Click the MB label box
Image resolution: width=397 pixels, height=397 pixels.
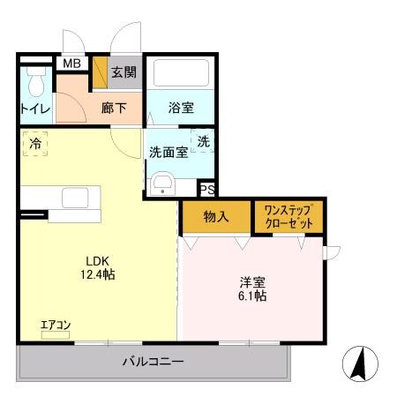(x=70, y=64)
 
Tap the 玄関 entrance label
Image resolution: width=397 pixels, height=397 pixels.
(x=124, y=72)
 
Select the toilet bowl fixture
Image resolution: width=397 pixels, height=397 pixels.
(x=36, y=86)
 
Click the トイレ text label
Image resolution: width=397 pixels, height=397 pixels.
(x=35, y=109)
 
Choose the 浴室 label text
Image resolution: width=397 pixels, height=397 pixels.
(x=182, y=108)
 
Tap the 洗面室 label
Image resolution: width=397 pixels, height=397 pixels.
(x=168, y=150)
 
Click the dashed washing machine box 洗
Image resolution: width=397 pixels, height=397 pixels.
(x=203, y=141)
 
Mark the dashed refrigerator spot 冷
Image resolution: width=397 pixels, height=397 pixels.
(x=35, y=143)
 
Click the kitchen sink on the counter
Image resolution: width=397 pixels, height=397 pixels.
(x=74, y=198)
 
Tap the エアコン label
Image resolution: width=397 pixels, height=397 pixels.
(x=55, y=326)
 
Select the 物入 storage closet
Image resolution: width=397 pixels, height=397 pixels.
(x=215, y=215)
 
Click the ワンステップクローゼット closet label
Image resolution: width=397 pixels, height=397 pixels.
(x=289, y=216)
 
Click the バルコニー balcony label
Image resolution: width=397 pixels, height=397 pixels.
(x=153, y=361)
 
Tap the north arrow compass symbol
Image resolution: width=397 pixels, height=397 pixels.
(x=363, y=363)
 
